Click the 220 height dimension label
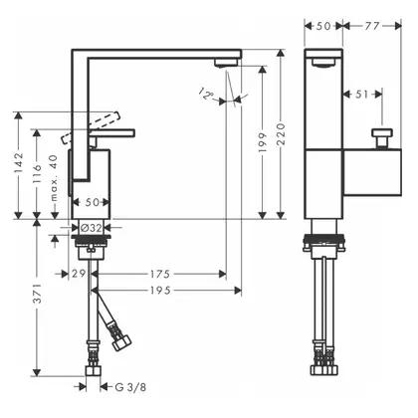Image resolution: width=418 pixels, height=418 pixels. [x=281, y=134]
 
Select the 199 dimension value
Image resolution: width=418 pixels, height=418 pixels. [x=263, y=142]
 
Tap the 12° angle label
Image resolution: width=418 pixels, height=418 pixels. [x=206, y=94]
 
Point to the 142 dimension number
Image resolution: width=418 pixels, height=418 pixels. [x=18, y=162]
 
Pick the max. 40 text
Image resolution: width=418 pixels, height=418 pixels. [x=54, y=178]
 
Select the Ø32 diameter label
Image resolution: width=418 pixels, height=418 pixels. [x=91, y=228]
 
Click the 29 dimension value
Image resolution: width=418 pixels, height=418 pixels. [x=79, y=274]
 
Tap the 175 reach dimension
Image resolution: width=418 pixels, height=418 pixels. [x=160, y=274]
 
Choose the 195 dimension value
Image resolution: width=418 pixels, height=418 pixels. [x=160, y=291]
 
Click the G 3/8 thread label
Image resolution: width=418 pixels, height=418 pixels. [x=130, y=387]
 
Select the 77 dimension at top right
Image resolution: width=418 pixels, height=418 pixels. [x=372, y=26]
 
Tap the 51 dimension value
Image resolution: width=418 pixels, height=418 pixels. [x=361, y=95]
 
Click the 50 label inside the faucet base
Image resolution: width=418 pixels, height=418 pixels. [x=93, y=202]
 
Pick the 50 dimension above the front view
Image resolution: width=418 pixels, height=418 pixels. [x=323, y=26]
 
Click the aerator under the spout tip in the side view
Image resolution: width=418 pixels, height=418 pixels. [x=226, y=62]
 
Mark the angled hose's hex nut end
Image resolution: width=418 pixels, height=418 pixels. [x=121, y=342]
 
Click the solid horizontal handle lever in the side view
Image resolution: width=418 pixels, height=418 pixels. [x=111, y=133]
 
